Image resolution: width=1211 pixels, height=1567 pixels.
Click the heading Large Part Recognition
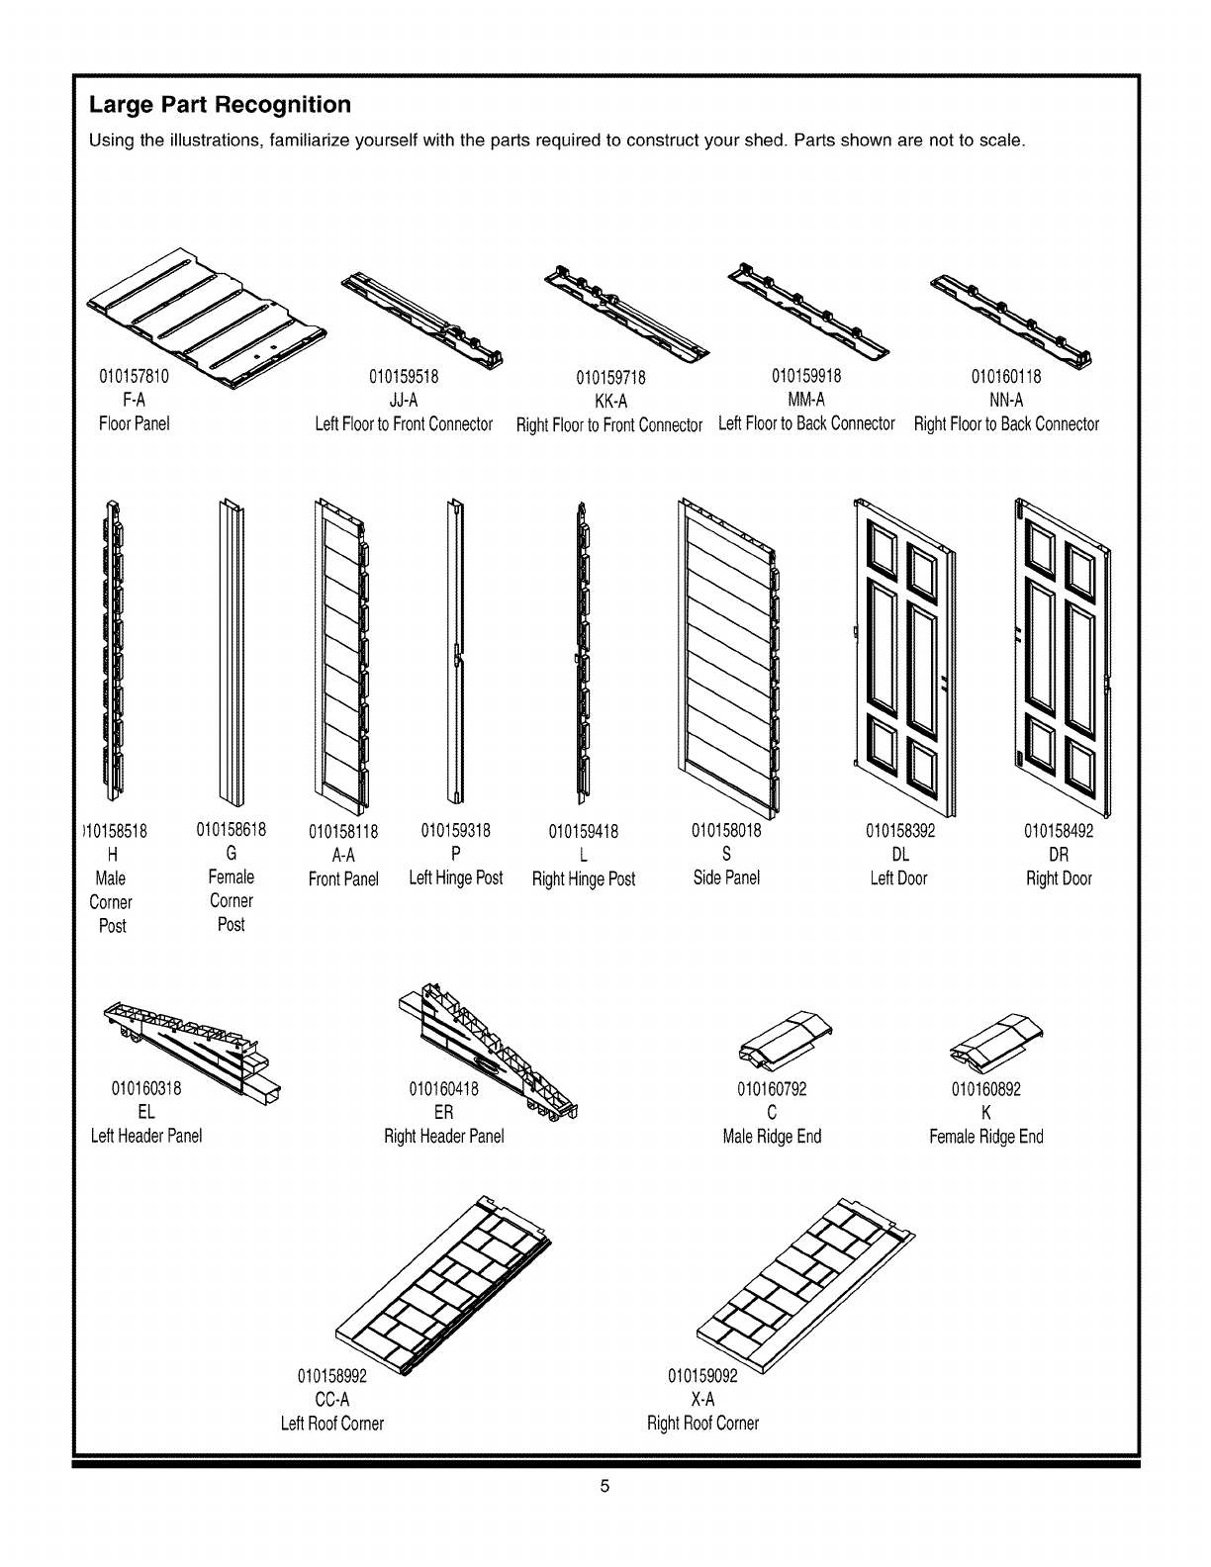(220, 105)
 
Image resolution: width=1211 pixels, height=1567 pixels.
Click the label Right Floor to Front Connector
(609, 425)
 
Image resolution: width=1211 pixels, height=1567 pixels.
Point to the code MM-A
(806, 400)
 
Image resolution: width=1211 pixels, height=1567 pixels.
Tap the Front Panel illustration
(341, 654)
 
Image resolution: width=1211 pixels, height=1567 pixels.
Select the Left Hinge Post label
(456, 877)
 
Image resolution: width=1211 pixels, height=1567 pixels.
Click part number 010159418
(583, 832)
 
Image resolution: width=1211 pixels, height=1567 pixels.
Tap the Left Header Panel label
(146, 1136)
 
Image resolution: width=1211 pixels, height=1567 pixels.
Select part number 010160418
(443, 1090)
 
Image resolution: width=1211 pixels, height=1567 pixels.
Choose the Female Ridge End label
(985, 1137)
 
